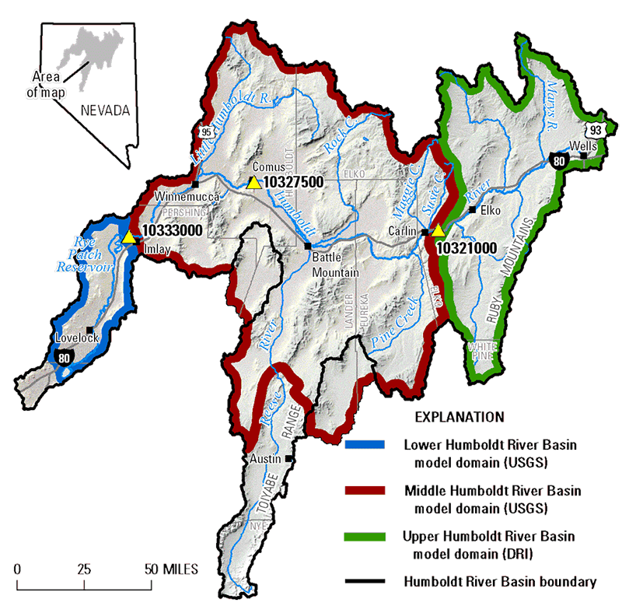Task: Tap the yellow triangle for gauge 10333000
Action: [128, 236]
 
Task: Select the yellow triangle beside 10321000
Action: [438, 231]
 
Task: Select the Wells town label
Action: [582, 145]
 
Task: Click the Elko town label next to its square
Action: [491, 210]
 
